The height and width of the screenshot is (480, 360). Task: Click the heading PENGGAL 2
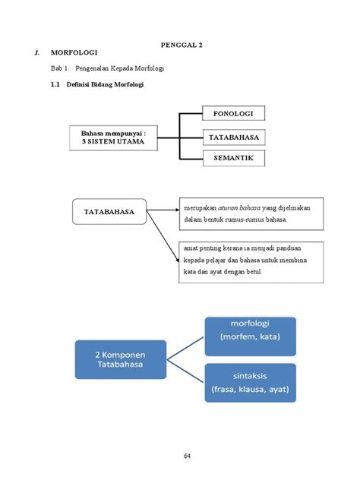pos(182,45)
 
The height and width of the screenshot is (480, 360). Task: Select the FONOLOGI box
pos(234,113)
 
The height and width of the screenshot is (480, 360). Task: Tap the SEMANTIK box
pos(234,158)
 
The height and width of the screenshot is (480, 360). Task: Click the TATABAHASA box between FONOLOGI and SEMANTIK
pos(234,137)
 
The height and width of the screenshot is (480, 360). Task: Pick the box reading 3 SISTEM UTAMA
pos(114,137)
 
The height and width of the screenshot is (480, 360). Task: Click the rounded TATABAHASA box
pos(109,212)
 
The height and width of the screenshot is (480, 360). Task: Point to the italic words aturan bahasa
pos(239,208)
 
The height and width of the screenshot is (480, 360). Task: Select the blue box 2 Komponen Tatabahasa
pos(121,359)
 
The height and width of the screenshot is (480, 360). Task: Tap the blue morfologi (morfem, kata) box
pos(251,336)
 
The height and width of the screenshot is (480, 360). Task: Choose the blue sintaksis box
pos(251,383)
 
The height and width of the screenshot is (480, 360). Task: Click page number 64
pos(187,456)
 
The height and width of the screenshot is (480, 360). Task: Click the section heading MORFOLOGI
pos(74,52)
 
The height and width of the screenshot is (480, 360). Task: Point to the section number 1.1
pos(55,84)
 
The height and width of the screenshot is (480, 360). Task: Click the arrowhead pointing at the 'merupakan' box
pos(178,210)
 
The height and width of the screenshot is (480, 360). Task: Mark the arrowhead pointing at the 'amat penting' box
pos(178,261)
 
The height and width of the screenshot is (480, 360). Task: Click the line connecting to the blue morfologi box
pos(185,349)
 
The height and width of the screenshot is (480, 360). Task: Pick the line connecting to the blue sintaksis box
pos(185,371)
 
